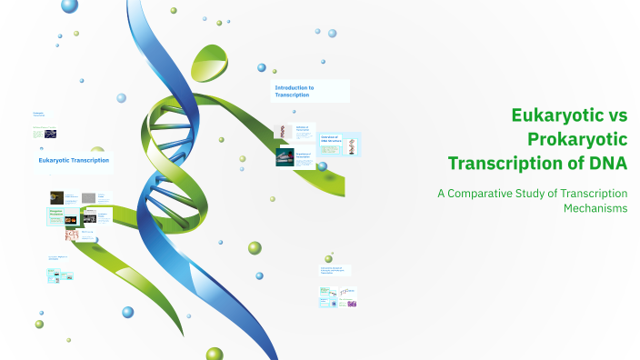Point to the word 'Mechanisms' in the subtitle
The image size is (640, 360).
coord(595,209)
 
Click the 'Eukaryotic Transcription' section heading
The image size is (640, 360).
coord(74,160)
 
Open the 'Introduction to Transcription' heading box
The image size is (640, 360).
coord(310,91)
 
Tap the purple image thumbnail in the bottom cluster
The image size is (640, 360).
coord(352,304)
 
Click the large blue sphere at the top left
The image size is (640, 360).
coord(70,6)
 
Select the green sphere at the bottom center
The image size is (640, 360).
coord(215,354)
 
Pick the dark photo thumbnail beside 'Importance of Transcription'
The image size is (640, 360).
coord(285,157)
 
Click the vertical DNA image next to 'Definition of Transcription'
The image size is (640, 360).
coord(284,132)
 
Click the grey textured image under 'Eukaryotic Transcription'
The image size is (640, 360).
coord(89,197)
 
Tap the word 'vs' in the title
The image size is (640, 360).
coord(619,117)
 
